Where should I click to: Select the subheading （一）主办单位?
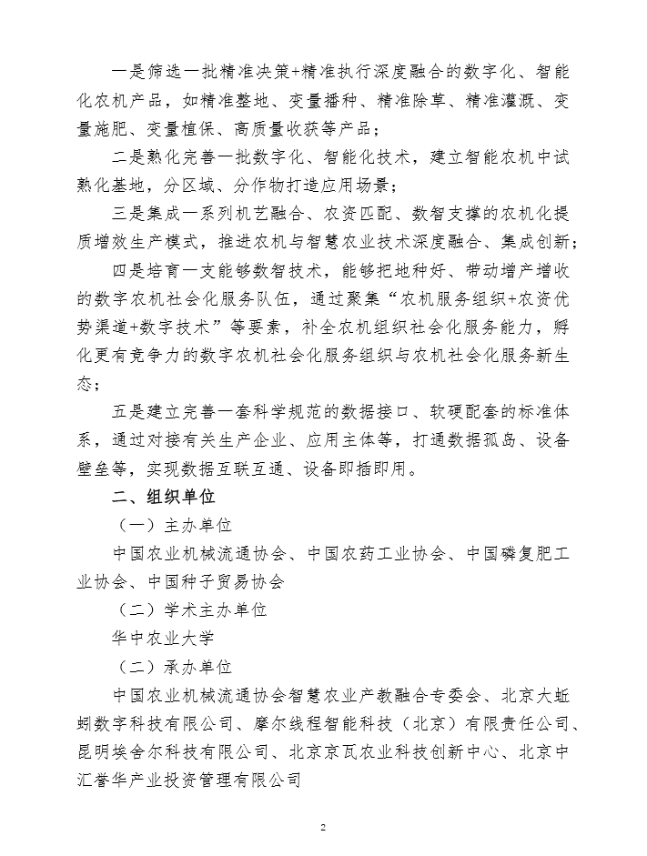click(x=174, y=528)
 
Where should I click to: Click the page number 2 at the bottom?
click(x=323, y=827)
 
